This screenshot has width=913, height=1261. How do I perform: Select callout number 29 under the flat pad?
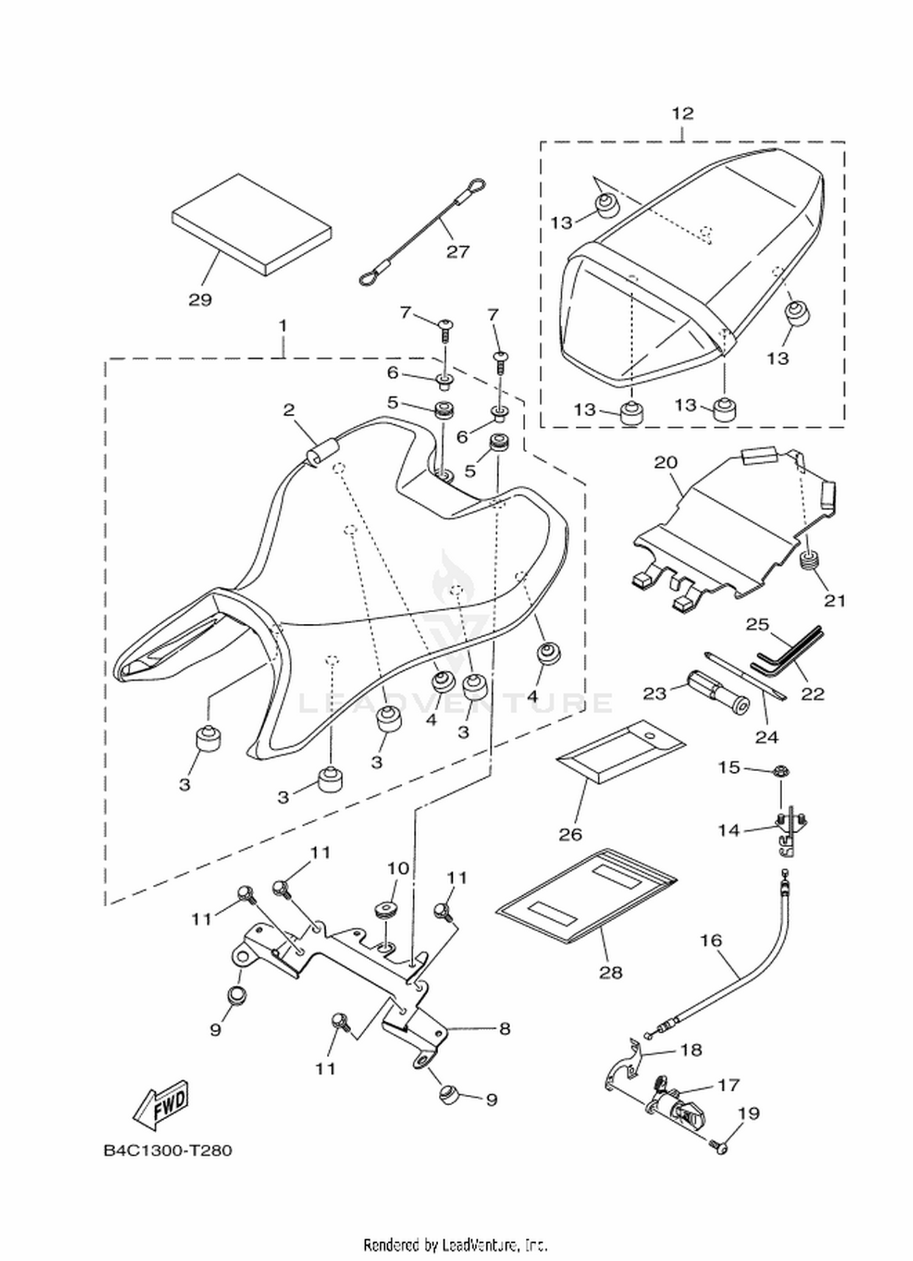coord(200,299)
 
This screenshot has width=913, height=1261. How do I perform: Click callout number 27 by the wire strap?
coord(458,251)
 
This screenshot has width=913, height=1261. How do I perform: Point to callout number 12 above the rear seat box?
coord(682,113)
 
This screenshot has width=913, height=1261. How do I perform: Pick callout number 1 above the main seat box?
coord(282,326)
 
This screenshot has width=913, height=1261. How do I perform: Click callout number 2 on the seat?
coord(289,410)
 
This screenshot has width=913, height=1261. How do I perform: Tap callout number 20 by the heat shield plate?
coord(665,462)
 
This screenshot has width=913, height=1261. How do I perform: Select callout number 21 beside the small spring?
coord(835,601)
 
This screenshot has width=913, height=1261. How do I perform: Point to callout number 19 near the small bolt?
coord(749,1113)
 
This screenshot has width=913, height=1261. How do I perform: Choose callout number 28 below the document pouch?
coord(610,973)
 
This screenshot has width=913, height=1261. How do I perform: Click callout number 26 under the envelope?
coord(570,834)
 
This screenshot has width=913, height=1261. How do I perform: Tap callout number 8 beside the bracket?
coord(505,1029)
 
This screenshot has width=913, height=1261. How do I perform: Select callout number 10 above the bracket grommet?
coord(398,868)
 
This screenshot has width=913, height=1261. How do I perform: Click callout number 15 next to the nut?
coord(729,767)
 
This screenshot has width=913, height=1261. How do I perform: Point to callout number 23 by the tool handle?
coord(655,693)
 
